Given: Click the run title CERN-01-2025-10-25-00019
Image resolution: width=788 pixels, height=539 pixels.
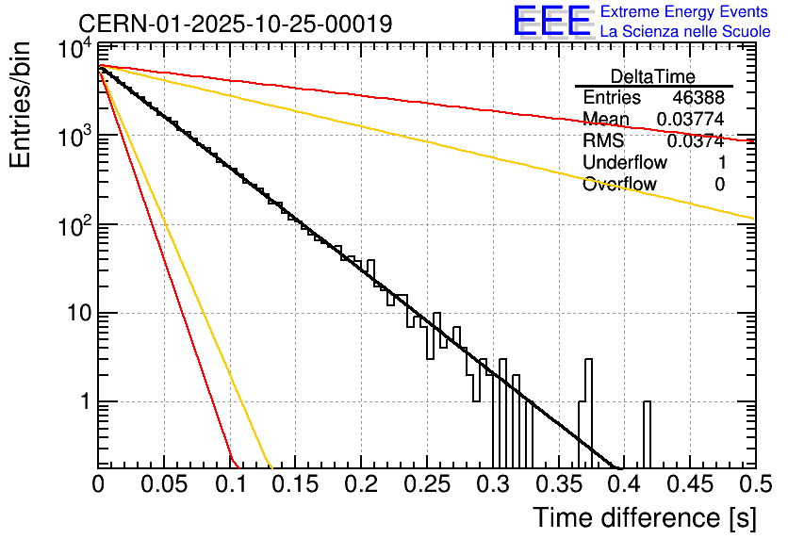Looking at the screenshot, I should tap(235, 23).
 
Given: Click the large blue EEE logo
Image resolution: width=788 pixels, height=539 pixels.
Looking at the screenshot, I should tap(551, 22).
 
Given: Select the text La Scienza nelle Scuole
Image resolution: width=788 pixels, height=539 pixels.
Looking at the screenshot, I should tap(685, 31).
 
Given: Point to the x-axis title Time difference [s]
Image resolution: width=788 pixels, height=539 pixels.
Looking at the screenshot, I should tap(644, 517).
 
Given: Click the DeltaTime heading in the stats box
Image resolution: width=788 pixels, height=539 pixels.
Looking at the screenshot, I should tap(653, 76).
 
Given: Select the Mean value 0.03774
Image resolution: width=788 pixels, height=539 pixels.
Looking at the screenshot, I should tap(690, 120).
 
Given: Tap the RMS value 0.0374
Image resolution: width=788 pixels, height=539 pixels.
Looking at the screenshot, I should tap(695, 141).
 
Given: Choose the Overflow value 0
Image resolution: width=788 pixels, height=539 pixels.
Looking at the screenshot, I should tap(719, 185).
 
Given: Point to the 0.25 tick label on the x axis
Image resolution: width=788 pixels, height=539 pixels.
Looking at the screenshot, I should tap(427, 484).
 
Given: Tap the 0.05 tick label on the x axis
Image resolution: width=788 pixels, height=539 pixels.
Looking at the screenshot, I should tap(164, 484).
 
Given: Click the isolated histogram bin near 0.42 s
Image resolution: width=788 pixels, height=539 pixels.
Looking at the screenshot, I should tap(648, 433).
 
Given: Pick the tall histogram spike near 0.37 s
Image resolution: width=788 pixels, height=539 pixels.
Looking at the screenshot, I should tap(588, 405).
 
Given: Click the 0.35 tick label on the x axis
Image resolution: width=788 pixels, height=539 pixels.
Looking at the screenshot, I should tap(558, 484).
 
